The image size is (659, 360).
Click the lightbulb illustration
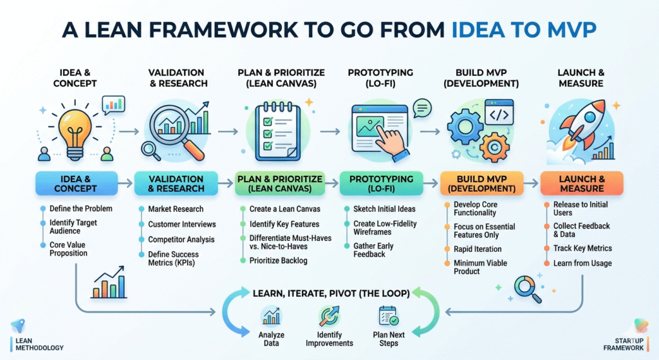pos(75,134)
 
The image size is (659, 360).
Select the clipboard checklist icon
pos(278,131)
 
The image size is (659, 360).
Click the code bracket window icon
pos(499,112)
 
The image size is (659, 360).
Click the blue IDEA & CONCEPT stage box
pos(76,184)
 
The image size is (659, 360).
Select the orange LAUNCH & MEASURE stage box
pos(582,184)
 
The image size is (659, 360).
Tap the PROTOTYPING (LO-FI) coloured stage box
pos(381,184)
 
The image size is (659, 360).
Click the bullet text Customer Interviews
pos(182,224)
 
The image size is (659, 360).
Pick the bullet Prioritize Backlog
pos(278,260)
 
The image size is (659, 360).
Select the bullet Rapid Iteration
pos(478,249)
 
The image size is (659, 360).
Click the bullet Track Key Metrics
pos(582,248)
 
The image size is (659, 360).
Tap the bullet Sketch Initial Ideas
pos(384,209)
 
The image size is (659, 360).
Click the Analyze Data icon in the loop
pos(271,317)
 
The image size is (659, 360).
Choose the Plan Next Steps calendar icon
pos(388,316)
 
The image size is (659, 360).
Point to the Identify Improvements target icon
pos(329,316)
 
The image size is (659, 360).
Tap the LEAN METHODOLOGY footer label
pos(39,345)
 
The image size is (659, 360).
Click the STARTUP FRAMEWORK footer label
pos(623,345)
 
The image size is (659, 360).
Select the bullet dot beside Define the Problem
pos(43,209)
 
